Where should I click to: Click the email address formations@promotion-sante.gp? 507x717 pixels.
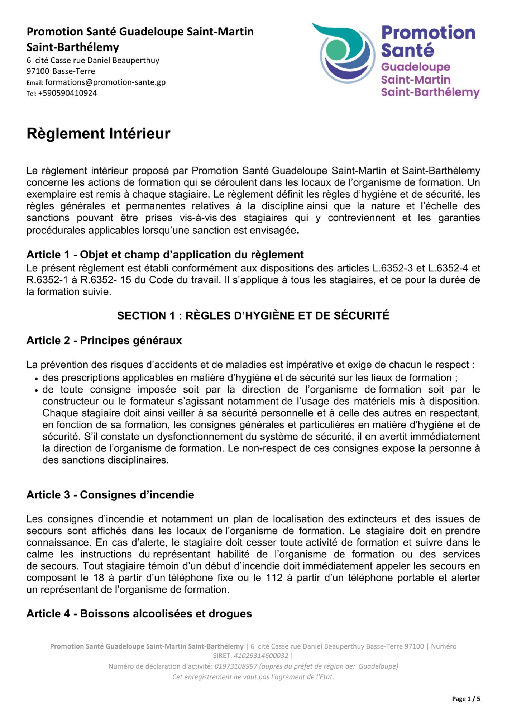coord(105,82)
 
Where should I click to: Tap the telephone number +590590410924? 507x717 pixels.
coord(67,93)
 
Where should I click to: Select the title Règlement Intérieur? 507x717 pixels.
coord(99,133)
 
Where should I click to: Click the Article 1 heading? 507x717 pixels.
coord(165,255)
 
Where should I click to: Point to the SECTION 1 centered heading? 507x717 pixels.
coord(253,315)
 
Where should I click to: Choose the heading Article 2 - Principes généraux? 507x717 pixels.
coord(104,340)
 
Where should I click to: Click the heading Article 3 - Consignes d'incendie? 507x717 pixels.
coord(110,495)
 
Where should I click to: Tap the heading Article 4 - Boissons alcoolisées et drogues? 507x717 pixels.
coord(139,613)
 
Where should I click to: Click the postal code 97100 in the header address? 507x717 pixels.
coord(38,71)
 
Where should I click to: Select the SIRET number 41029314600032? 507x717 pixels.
coord(261,656)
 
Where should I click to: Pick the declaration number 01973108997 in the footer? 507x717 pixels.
coord(236,666)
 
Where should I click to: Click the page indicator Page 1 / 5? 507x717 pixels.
coord(466,698)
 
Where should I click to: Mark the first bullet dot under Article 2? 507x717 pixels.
coord(36,379)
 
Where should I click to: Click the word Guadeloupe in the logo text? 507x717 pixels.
coord(416,67)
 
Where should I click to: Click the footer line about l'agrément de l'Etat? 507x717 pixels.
coord(253,677)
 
